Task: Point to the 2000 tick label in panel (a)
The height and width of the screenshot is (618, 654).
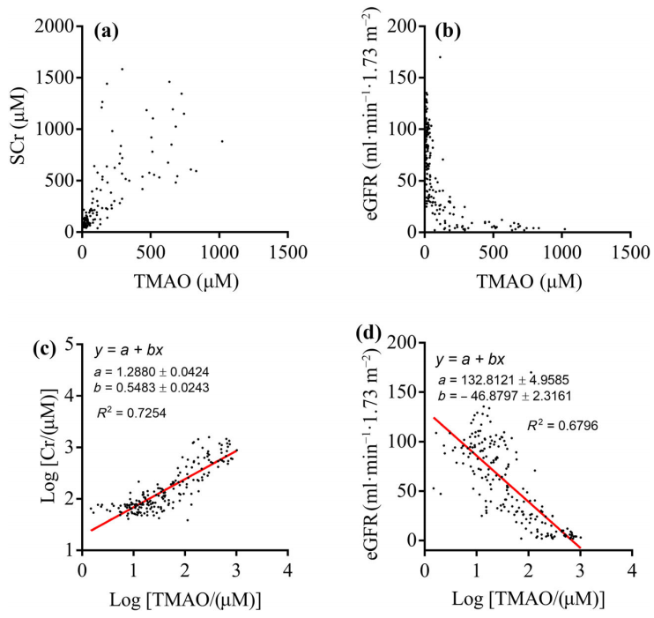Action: pos(55,26)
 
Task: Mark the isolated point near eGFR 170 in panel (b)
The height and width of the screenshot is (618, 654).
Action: pos(440,57)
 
